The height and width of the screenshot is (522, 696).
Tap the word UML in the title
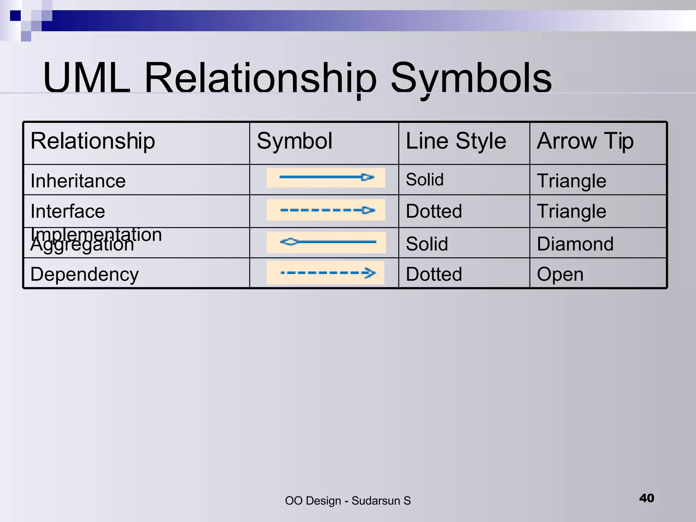[x=87, y=78]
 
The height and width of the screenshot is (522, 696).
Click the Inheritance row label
[x=78, y=180]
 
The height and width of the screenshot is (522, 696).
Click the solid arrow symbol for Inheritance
[x=326, y=177]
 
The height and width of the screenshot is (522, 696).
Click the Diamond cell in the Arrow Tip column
[x=575, y=244]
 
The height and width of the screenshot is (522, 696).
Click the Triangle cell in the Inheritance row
[x=571, y=180]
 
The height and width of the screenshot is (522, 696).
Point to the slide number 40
[x=646, y=498]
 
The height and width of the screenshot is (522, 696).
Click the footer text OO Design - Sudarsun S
[x=348, y=501]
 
